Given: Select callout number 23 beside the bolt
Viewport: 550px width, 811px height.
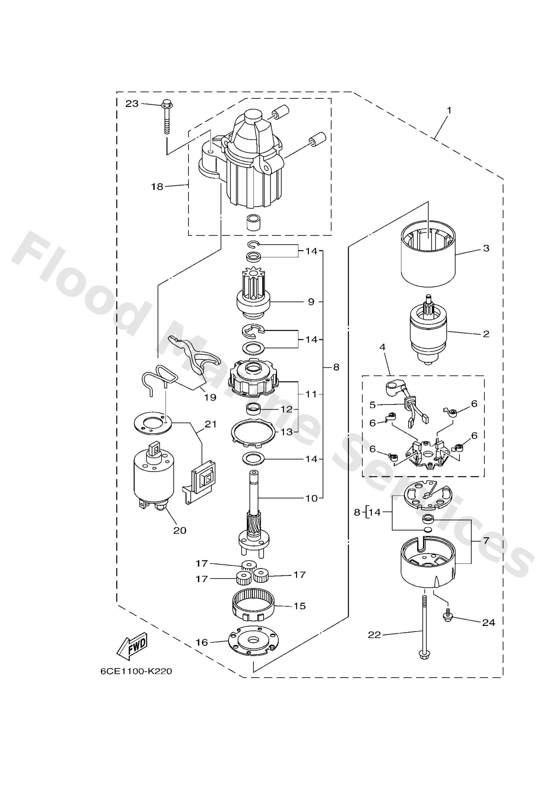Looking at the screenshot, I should pyautogui.click(x=132, y=104).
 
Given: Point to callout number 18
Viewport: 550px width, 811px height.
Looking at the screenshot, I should pyautogui.click(x=157, y=187).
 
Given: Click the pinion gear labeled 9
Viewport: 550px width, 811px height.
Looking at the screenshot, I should pyautogui.click(x=254, y=298).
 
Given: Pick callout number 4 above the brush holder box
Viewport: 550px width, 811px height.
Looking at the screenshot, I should pyautogui.click(x=382, y=347).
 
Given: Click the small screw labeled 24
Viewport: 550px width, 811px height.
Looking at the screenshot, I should pyautogui.click(x=447, y=618).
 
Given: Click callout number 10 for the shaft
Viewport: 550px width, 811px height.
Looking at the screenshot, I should pyautogui.click(x=312, y=498).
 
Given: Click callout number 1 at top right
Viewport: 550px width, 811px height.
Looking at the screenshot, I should pyautogui.click(x=449, y=110).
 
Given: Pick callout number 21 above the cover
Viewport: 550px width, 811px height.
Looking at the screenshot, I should pyautogui.click(x=211, y=424).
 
